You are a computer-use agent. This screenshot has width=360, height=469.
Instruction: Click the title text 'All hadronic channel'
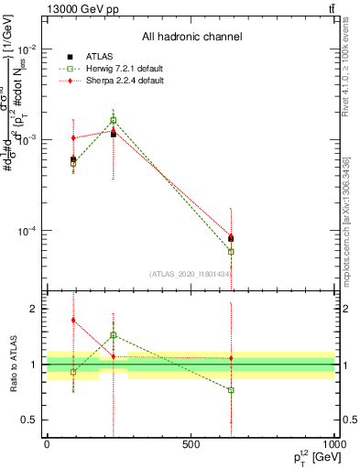191,37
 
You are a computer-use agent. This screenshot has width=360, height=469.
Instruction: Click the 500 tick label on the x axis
191,443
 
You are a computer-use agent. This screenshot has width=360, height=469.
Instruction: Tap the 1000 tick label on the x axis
333,443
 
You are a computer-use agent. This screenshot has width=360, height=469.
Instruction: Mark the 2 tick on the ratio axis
33,309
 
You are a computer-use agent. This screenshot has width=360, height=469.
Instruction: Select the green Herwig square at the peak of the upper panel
114,120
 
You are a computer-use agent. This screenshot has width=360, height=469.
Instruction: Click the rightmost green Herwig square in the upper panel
231,251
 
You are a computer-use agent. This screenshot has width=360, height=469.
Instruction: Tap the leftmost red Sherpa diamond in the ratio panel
73,321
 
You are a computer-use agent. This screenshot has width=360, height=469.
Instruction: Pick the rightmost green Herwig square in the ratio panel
231,390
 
